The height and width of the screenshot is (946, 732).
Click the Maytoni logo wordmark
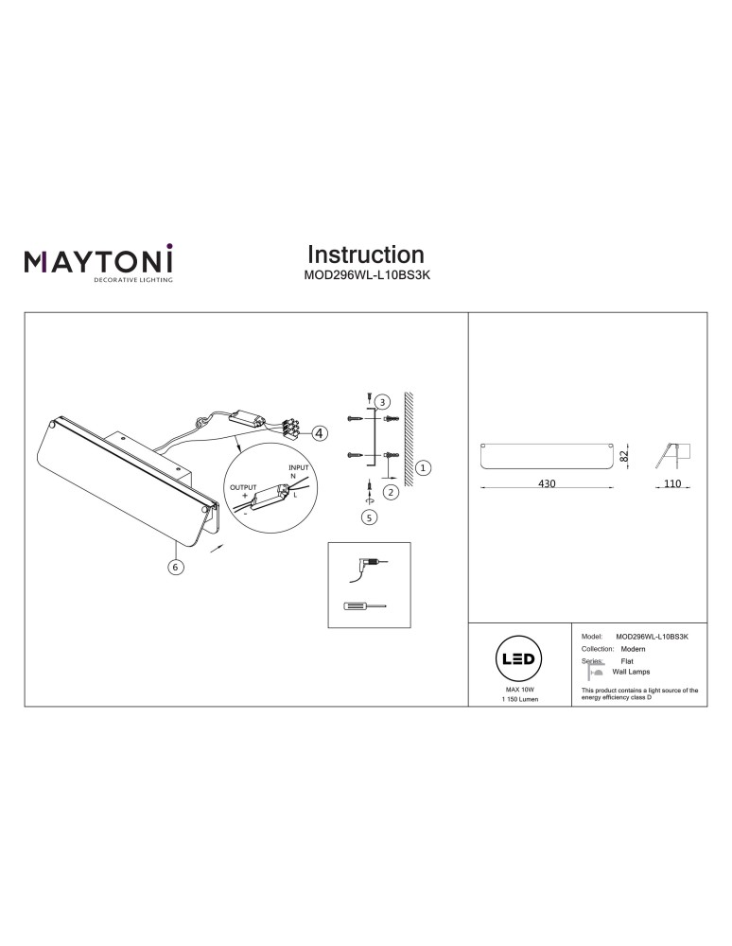[x=98, y=261]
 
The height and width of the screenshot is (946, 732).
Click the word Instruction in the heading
[x=366, y=254]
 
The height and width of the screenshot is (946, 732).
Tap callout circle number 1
[x=424, y=467]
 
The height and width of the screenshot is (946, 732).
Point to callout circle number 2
[x=391, y=492]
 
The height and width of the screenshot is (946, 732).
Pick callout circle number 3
[x=382, y=402]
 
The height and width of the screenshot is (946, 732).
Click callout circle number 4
[x=320, y=432]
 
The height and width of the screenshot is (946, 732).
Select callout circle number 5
[x=369, y=517]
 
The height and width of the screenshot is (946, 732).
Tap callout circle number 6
[x=176, y=567]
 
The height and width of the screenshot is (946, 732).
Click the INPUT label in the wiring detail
[x=299, y=467]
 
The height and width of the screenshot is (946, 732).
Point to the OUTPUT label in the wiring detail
[x=243, y=487]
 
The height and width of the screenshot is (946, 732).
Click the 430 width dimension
[x=547, y=483]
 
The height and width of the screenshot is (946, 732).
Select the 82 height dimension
[x=625, y=456]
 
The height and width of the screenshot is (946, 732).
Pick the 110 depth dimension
[x=671, y=483]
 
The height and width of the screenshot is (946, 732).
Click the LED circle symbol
[x=518, y=658]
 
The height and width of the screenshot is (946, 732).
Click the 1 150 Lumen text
[x=520, y=699]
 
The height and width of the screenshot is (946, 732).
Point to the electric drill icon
[x=367, y=568]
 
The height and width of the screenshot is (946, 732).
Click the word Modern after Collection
[x=633, y=649]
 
